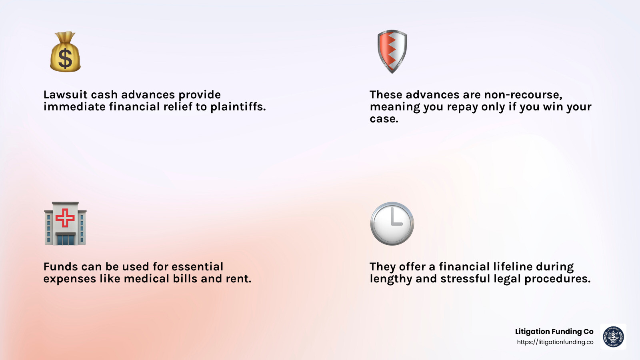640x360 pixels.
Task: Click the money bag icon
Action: [x=65, y=52]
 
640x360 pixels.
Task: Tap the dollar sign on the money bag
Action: [x=65, y=58]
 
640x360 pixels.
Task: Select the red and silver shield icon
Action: [x=392, y=51]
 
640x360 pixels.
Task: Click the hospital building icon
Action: [x=65, y=224]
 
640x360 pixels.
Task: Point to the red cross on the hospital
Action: [x=65, y=218]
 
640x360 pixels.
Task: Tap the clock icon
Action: [x=392, y=224]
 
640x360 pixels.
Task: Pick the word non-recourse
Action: [x=523, y=95]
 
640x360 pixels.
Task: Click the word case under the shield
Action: [x=384, y=119]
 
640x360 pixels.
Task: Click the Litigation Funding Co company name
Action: [x=554, y=332]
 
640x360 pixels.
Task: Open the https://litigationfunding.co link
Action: [x=555, y=342]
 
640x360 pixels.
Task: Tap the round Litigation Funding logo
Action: [x=613, y=336]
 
